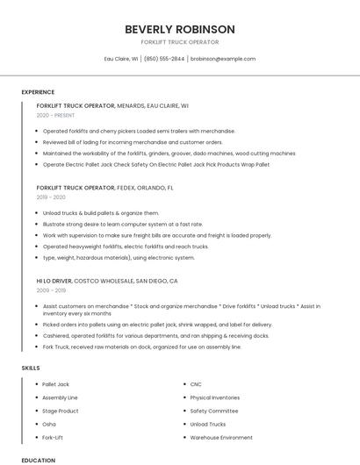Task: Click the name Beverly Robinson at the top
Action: tap(179, 29)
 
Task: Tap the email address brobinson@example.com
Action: tap(223, 59)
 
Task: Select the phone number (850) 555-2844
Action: tap(164, 59)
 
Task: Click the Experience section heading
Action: tap(38, 92)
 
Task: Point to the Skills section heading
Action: tap(31, 368)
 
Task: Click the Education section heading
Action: tap(38, 460)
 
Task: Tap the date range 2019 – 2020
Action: tap(51, 197)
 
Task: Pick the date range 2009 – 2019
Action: tap(51, 290)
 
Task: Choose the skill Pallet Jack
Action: tap(55, 384)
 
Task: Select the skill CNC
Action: tap(196, 384)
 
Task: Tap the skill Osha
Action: tap(49, 424)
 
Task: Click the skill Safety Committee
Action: tap(213, 411)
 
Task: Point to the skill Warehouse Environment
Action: tap(221, 437)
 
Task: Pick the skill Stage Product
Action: tap(61, 411)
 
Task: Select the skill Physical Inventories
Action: tap(215, 397)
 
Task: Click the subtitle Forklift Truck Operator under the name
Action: tap(179, 42)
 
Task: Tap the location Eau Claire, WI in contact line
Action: tap(121, 59)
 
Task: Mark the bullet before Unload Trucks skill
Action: tap(182, 424)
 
